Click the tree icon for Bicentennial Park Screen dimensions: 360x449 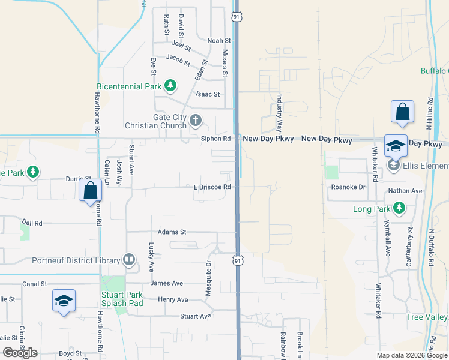[x=170, y=86]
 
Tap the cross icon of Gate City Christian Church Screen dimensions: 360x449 [x=195, y=121]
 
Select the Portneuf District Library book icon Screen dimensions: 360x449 [x=128, y=260]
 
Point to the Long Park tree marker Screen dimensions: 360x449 [x=397, y=209]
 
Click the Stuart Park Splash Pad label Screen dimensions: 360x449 [x=122, y=299]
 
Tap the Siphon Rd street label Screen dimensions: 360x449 [x=215, y=139]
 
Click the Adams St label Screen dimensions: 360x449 [x=172, y=232]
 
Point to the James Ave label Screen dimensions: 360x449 [x=167, y=283]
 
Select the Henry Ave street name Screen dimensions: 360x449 [x=173, y=299]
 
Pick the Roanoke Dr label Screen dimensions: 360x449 [x=348, y=187]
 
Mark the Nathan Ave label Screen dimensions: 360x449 [x=406, y=191]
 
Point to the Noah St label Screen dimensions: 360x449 [x=219, y=41]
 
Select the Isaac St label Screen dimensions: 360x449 [x=208, y=94]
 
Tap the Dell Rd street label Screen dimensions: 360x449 [x=32, y=223]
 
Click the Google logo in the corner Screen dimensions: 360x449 [x=20, y=353]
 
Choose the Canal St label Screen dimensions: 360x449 [x=35, y=284]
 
